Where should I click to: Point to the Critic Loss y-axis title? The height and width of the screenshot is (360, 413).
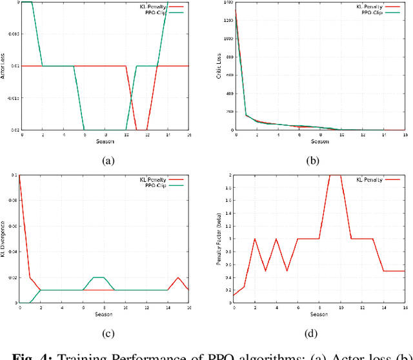(220, 65)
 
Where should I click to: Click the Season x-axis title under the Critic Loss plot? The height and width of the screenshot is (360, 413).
(320, 142)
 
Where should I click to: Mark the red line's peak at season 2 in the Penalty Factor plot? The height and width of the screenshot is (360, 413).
(255, 239)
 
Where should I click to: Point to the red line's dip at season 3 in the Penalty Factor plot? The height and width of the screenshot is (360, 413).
(265, 270)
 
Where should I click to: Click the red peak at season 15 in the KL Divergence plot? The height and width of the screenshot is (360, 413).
(178, 277)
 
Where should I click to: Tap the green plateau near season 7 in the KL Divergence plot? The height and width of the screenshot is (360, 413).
(99, 277)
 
